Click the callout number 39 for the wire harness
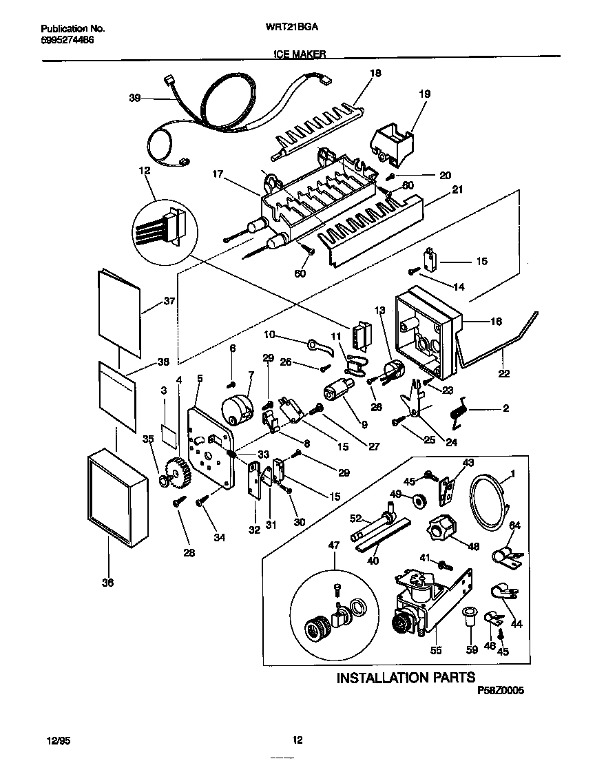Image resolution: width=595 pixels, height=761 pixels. coord(135,98)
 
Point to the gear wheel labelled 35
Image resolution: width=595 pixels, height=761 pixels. coord(178,473)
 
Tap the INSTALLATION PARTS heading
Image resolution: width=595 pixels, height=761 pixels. coord(406,678)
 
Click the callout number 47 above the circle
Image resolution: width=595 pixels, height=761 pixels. coord(335,545)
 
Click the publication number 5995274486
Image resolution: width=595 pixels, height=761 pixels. coord(67,40)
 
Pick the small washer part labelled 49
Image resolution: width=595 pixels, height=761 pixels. coord(417,497)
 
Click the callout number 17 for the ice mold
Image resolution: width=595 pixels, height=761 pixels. coord(218,174)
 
